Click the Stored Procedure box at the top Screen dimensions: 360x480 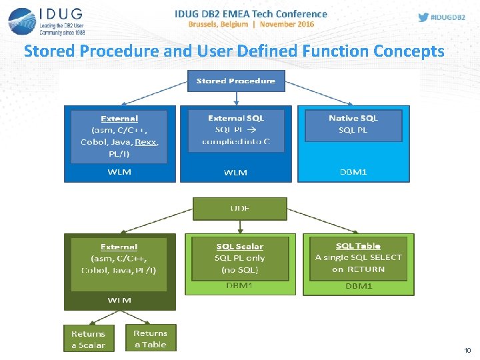coord(235,81)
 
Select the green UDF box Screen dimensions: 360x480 coord(239,209)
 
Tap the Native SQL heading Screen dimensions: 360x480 coord(353,118)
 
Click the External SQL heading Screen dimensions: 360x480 coord(236,118)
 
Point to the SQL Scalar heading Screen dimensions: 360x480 coord(239,247)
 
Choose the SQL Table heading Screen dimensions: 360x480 coord(358,246)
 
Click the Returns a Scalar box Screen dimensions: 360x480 coord(88,339)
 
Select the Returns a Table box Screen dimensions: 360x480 coord(150,339)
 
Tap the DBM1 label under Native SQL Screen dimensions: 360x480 coord(353,171)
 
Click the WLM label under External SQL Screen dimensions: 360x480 coord(235,172)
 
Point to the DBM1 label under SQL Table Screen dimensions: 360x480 coord(359,286)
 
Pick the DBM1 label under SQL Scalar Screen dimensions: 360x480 coord(239,286)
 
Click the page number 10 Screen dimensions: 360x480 coord(467,350)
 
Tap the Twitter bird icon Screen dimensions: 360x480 coord(423,17)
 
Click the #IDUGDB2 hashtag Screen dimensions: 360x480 coord(451,17)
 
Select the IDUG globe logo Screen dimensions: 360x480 coord(21,21)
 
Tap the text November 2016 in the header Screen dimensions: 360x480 coord(287,24)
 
